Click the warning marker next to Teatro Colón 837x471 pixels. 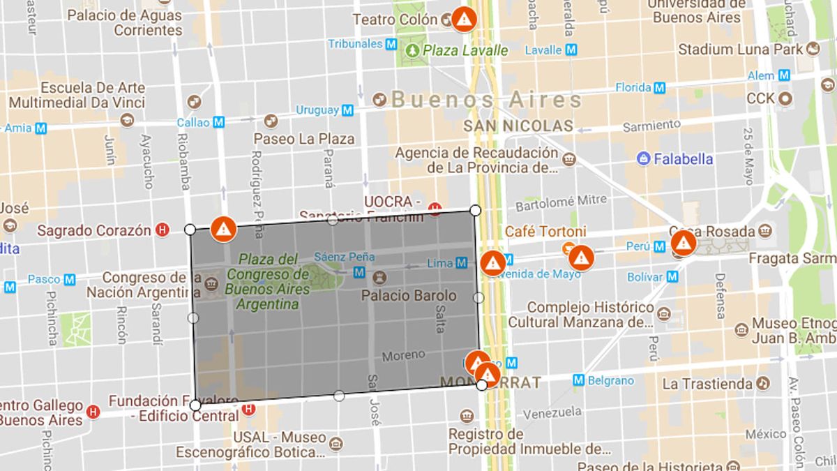point(464,19)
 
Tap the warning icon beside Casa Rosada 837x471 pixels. point(683,243)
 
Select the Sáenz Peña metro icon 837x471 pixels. point(360,271)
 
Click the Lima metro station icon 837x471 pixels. point(462,263)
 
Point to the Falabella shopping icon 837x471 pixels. point(643,158)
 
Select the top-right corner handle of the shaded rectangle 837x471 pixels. point(476,210)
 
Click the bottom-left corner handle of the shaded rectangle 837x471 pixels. point(195,405)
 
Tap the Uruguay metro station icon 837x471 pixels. point(347,110)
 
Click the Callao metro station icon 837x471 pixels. point(219,122)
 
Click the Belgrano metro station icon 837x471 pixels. point(578,380)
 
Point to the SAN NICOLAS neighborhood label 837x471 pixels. point(518,126)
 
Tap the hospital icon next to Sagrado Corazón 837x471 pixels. point(163,230)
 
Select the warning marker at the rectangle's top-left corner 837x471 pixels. point(224,228)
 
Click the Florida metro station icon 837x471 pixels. point(659,88)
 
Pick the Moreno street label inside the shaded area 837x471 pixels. point(403,355)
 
